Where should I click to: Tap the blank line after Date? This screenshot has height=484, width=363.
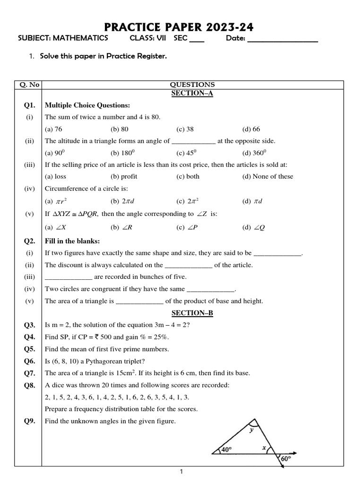[x=282, y=40]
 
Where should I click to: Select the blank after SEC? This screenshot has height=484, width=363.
[x=197, y=40]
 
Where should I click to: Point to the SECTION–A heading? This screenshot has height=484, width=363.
[x=192, y=93]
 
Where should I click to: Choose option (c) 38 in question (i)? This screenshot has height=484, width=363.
[x=185, y=129]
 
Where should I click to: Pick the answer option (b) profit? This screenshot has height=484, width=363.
[x=124, y=176]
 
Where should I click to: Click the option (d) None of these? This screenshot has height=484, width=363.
[x=268, y=176]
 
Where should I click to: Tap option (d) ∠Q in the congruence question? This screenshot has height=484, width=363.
[x=254, y=227]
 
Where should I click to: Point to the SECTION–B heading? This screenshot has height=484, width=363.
[x=192, y=313]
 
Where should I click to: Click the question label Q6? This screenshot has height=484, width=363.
[x=29, y=361]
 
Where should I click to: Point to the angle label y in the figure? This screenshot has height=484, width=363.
[x=251, y=430]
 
